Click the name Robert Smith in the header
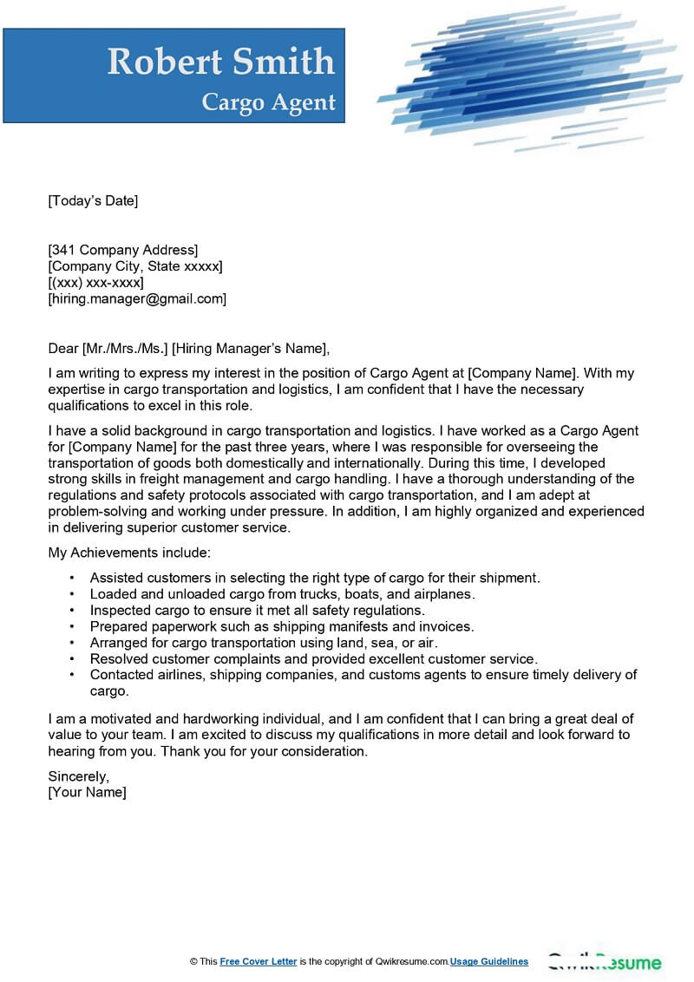[220, 62]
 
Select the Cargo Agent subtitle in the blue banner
[268, 102]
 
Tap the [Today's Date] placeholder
[93, 201]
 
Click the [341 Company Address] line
[123, 251]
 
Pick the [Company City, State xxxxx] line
[135, 266]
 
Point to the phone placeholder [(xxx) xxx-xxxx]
[95, 283]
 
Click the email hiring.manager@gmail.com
[137, 298]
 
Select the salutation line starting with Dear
[189, 349]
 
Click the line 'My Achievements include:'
[129, 553]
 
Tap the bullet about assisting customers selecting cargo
[314, 578]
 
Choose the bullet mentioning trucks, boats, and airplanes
[282, 594]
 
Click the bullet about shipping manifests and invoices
[282, 626]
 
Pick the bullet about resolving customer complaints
[313, 659]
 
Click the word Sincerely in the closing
[78, 776]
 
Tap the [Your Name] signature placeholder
[87, 792]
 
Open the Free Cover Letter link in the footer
[259, 961]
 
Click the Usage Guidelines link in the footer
[489, 961]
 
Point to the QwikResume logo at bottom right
[604, 962]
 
